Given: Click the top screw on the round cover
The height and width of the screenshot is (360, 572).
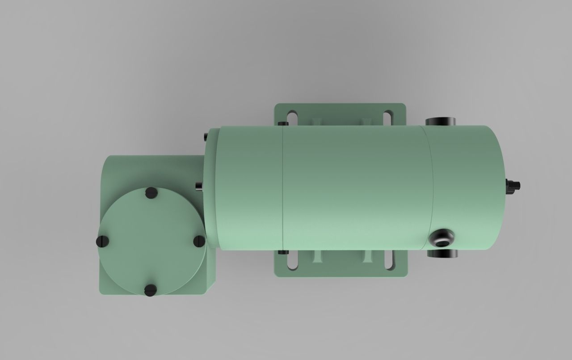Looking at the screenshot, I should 151,193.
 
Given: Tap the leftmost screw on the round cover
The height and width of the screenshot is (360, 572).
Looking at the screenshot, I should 102,241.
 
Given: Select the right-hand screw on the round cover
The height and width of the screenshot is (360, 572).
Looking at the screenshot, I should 199,241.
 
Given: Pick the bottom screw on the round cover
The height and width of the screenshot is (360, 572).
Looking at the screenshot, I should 151,290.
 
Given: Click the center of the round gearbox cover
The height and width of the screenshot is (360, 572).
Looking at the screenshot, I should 151,241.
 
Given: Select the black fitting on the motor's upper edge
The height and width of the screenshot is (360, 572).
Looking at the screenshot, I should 440,121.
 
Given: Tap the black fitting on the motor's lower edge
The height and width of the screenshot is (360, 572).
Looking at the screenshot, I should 442,254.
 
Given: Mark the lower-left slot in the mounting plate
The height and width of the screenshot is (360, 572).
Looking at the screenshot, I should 293,262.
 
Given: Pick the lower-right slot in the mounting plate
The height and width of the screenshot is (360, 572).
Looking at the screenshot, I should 388,262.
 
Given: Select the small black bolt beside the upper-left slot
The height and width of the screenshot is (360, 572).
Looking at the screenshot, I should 282,123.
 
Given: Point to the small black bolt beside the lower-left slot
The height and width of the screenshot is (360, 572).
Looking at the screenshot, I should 282,252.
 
